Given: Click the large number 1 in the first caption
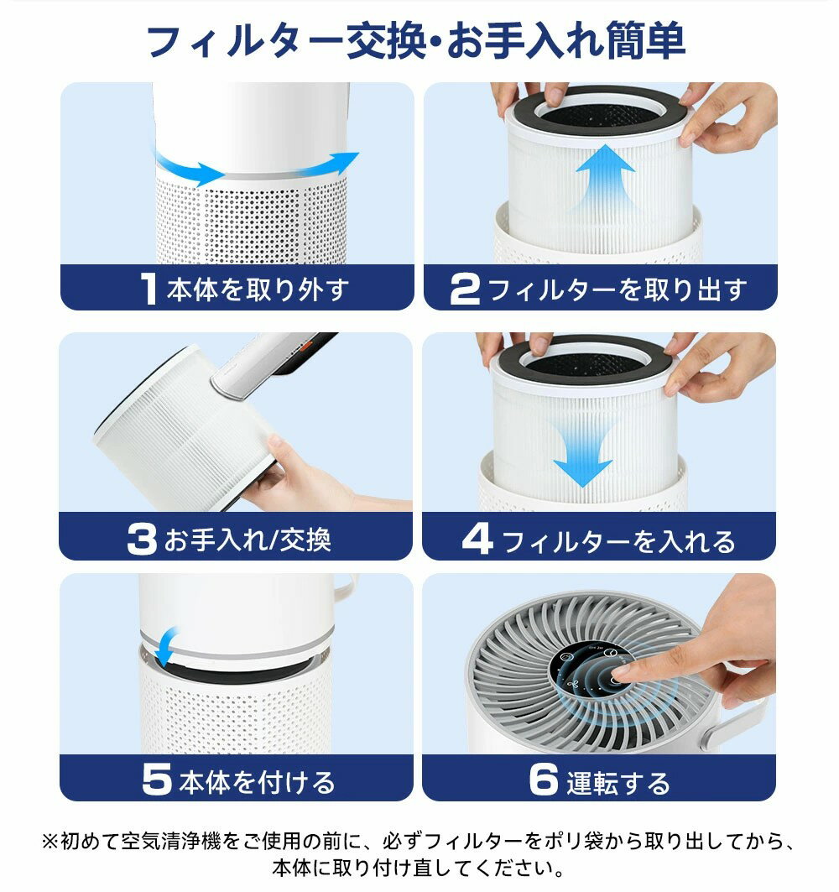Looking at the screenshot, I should (x=149, y=290).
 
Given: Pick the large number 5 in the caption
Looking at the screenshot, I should (x=157, y=780).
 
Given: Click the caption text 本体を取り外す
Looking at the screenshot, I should (x=258, y=290).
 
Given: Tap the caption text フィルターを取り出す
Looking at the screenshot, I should (x=618, y=290).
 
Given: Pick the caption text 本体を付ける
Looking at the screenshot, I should (x=257, y=782).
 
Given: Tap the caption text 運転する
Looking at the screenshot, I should (x=618, y=782).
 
